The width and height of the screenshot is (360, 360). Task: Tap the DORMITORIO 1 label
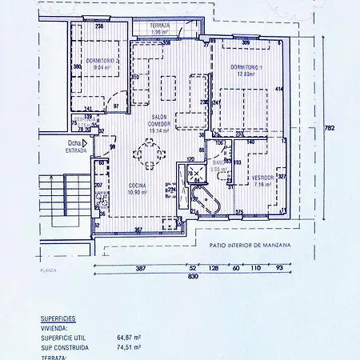tap(243, 69)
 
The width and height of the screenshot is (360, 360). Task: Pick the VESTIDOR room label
tap(262, 179)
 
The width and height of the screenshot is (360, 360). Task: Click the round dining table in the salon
tap(149, 152)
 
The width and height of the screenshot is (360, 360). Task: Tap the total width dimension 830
tap(193, 276)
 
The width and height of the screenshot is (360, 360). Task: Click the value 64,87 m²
tap(130, 338)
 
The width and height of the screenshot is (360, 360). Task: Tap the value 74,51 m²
tap(130, 348)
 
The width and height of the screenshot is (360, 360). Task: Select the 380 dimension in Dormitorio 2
tap(78, 67)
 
